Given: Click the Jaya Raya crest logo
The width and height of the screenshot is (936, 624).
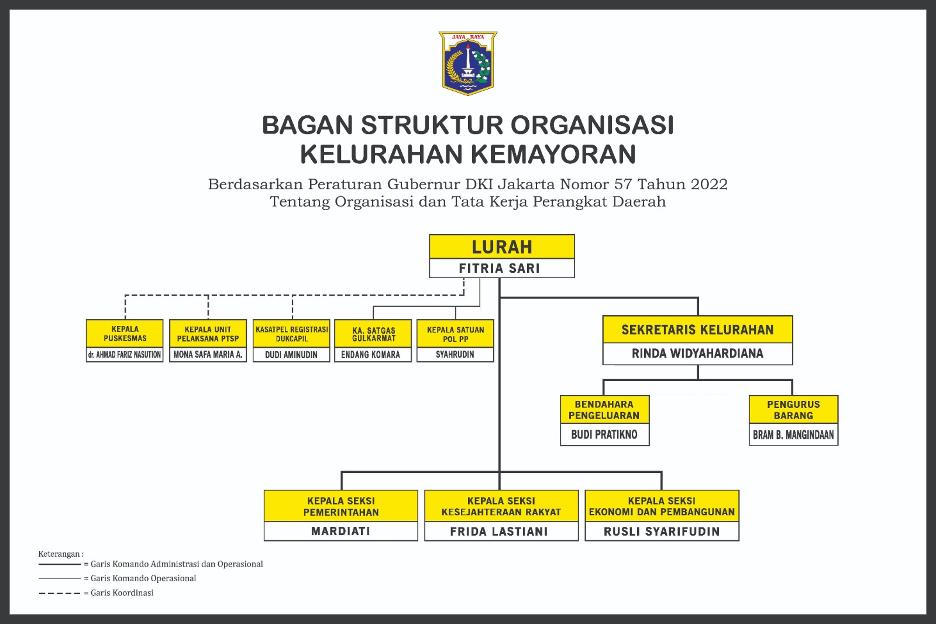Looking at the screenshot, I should [467, 63].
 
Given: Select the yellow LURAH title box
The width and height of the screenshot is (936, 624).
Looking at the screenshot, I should [501, 247].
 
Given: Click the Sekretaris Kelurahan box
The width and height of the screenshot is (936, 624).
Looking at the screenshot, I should [697, 330].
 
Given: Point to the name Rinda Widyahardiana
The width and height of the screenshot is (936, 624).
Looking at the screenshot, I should [697, 354].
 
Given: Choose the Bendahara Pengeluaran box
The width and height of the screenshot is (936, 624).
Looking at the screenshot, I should [604, 410].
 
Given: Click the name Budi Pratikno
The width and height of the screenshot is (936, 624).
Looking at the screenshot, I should [604, 435].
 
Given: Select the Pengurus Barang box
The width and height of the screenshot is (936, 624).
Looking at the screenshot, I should [793, 410].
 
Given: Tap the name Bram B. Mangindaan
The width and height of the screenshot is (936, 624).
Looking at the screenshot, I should [793, 435].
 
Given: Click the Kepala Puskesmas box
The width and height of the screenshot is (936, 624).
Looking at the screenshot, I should [125, 334].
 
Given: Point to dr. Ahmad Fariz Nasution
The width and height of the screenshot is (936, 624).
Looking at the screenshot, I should [125, 355].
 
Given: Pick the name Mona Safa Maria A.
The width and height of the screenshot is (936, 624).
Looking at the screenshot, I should [208, 355].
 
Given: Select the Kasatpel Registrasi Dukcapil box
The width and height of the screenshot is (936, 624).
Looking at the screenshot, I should [291, 334].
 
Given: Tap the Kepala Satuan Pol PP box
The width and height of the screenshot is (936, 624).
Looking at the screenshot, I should [455, 334].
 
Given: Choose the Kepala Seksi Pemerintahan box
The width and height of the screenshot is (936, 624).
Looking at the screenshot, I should [340, 506].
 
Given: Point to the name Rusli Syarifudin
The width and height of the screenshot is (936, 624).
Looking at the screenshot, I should [662, 532].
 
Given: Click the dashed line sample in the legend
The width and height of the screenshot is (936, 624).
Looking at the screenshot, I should [60, 593].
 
